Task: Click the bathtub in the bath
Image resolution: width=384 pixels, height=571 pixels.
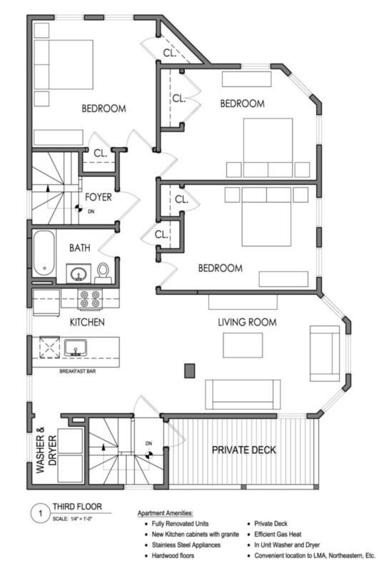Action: [44, 253]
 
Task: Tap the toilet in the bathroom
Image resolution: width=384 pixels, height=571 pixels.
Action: [103, 273]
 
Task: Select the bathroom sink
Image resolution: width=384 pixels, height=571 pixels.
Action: [78, 273]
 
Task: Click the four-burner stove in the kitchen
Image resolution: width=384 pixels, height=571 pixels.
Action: [90, 298]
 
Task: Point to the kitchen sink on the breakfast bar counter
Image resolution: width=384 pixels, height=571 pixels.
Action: [76, 348]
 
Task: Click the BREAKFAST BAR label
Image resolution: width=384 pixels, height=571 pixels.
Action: [78, 371]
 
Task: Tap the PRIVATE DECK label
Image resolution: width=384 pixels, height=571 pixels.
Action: [243, 450]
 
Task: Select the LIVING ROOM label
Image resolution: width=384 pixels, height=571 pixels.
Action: [247, 322]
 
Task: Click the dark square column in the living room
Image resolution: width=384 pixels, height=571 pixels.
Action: [189, 370]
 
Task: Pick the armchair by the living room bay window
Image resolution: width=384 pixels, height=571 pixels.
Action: [325, 353]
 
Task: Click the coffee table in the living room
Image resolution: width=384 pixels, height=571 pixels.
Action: [243, 345]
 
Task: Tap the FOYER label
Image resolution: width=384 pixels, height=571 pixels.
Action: [98, 198]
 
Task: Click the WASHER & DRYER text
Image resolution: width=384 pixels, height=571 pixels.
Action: [46, 450]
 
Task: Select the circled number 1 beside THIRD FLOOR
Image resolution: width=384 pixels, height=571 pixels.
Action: [40, 513]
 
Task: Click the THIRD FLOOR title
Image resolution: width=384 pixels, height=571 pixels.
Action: [77, 507]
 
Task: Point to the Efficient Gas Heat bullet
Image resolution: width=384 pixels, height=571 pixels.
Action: [278, 534]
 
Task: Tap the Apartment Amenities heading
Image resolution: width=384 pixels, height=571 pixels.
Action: [165, 513]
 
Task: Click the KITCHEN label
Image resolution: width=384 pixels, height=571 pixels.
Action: [87, 322]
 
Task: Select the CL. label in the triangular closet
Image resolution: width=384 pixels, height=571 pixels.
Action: [170, 53]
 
